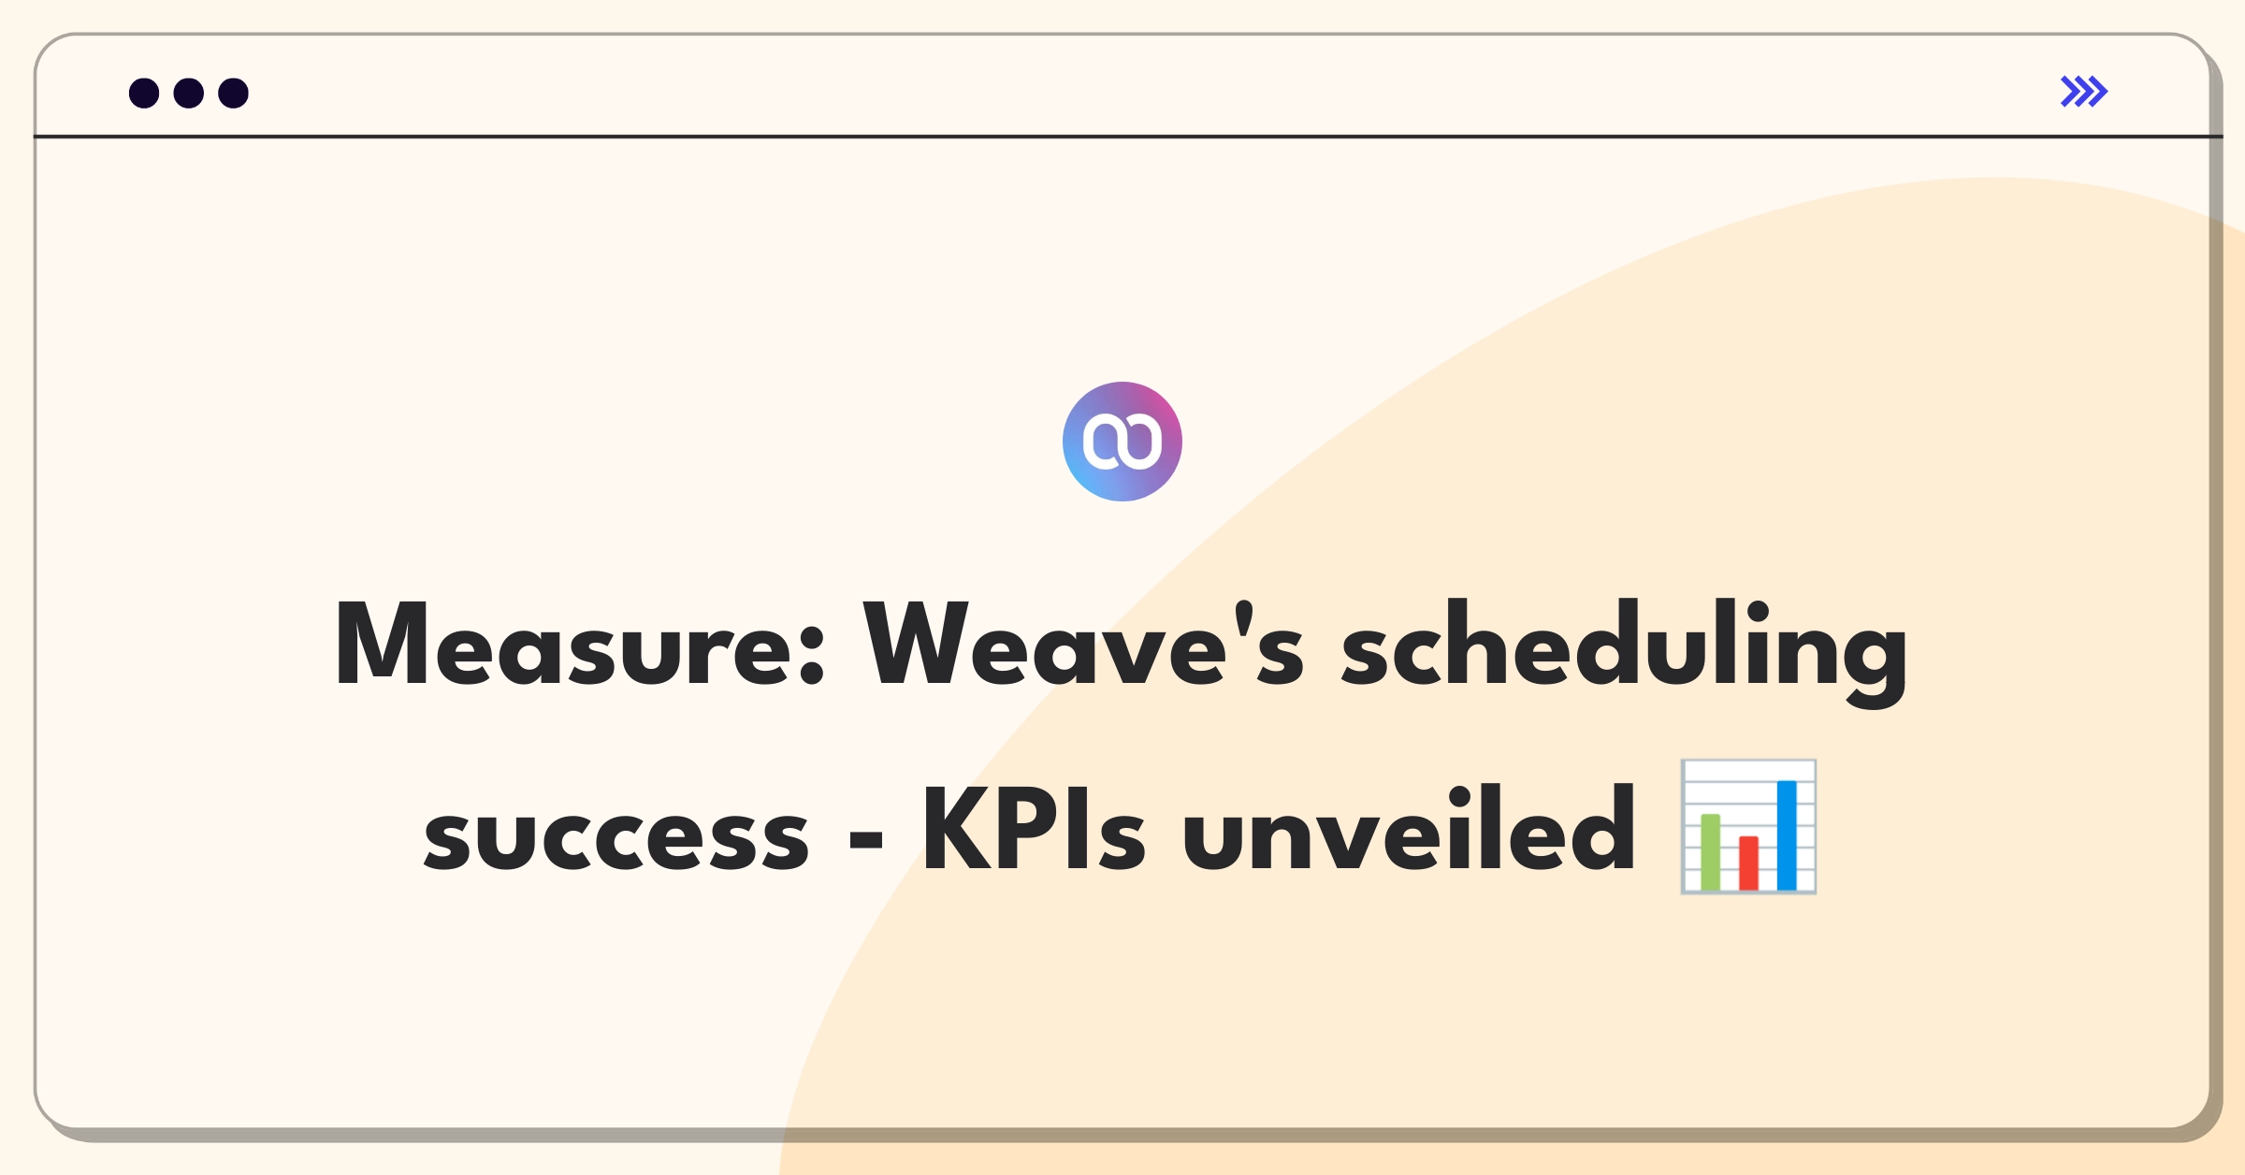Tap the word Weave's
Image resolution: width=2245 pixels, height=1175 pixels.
pos(1083,644)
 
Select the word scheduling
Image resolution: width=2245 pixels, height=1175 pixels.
pos(1624,653)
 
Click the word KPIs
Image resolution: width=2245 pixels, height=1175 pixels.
pos(1035,829)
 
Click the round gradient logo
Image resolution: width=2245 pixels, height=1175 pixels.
pos(1122,442)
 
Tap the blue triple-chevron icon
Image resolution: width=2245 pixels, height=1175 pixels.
pos(2084,92)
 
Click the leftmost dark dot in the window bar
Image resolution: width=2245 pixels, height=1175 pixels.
pos(144,93)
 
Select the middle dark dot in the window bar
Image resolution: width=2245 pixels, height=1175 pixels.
pos(189,93)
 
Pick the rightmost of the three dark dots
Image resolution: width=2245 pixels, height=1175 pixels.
pos(234,93)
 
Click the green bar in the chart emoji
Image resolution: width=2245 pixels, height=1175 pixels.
pos(1711,852)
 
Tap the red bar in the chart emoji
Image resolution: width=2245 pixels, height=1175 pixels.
pos(1748,863)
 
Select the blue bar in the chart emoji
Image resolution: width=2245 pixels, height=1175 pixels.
pos(1787,835)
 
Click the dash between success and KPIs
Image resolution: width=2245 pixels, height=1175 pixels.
pos(866,839)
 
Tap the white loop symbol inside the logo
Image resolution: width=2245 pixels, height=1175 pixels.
pos(1122,442)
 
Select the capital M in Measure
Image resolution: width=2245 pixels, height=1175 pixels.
pos(382,644)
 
